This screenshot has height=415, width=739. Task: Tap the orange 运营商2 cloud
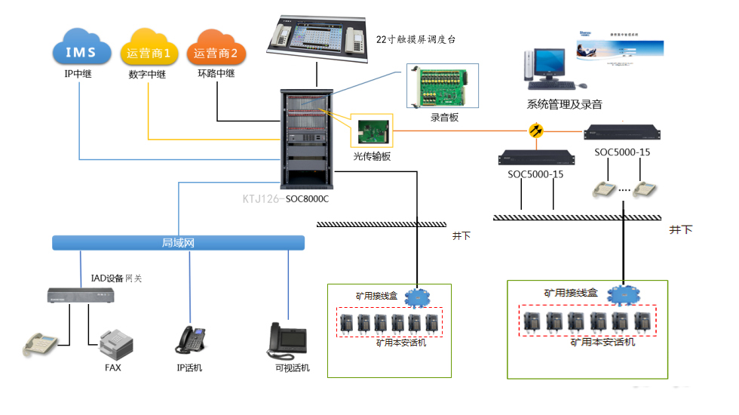click(216, 51)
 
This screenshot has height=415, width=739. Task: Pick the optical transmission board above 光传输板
click(373, 132)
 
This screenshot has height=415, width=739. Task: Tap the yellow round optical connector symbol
click(536, 131)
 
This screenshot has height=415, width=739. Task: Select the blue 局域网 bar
click(178, 243)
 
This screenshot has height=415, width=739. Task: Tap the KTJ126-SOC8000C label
click(286, 199)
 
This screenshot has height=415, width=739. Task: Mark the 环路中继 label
click(216, 74)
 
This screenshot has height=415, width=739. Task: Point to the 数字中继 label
click(147, 75)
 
